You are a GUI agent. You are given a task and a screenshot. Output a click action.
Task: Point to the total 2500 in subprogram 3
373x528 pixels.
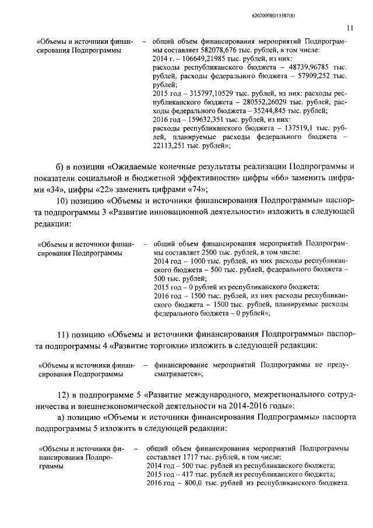(x=210, y=252)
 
